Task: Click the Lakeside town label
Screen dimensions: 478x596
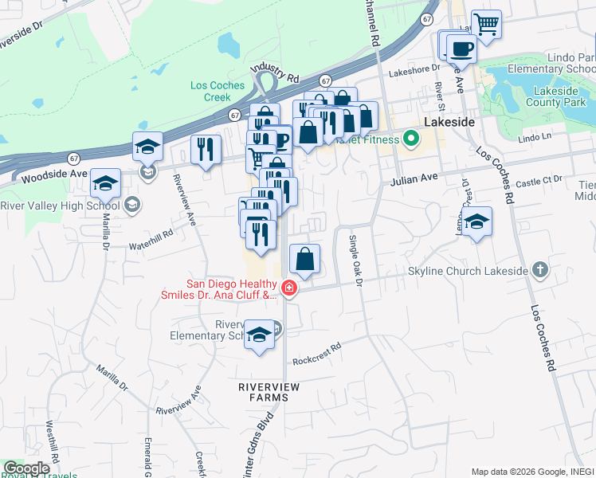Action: pos(449,123)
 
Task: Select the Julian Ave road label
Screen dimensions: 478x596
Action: pos(414,182)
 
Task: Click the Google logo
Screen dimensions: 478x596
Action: pos(27,468)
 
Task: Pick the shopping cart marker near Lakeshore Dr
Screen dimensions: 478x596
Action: pos(485,23)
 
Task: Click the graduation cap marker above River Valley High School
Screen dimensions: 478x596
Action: pos(148,146)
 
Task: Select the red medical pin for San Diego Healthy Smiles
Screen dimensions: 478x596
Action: pos(288,288)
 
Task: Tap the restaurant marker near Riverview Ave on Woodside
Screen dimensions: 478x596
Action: pos(206,149)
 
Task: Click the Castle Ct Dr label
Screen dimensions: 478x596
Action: pos(544,184)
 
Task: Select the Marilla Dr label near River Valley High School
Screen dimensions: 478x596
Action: pos(104,232)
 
